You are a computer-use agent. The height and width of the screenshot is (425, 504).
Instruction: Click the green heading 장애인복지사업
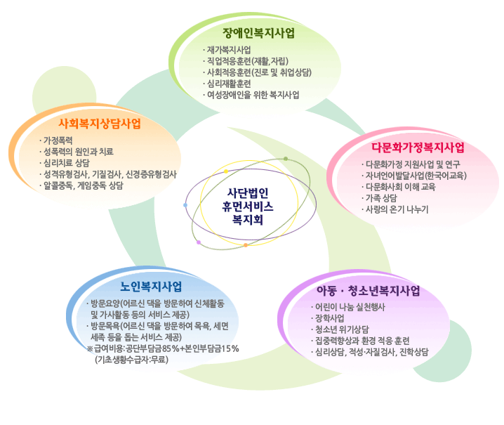tap(258, 33)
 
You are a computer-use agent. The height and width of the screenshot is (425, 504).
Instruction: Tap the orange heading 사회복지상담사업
tap(100, 124)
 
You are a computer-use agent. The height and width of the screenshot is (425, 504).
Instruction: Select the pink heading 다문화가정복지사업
tap(418, 148)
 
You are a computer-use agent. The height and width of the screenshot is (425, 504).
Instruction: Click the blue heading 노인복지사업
tap(151, 287)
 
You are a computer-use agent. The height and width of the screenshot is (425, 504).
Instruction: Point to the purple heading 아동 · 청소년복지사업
tap(369, 291)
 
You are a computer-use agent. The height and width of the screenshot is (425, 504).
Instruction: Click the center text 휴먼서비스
tap(248, 207)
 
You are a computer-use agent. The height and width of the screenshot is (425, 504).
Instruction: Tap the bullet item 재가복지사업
tap(229, 50)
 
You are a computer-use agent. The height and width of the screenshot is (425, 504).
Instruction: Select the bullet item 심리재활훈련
tap(229, 84)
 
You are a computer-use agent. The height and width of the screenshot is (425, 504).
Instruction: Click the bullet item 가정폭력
tap(58, 140)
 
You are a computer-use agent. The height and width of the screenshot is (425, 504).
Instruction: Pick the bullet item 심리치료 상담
tap(67, 163)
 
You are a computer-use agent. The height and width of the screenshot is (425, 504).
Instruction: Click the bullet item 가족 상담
tap(381, 198)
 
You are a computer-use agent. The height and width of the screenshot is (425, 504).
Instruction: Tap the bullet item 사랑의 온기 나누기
tap(397, 209)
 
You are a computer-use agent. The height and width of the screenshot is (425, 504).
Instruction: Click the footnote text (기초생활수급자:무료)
tap(131, 360)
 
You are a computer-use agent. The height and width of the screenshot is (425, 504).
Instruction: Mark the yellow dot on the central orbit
tap(226, 171)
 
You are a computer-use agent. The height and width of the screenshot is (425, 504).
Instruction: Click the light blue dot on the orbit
tap(185, 205)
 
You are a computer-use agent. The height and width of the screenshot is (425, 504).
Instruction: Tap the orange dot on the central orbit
tap(246, 245)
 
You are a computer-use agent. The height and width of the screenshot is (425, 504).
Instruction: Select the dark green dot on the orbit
tap(286, 159)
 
